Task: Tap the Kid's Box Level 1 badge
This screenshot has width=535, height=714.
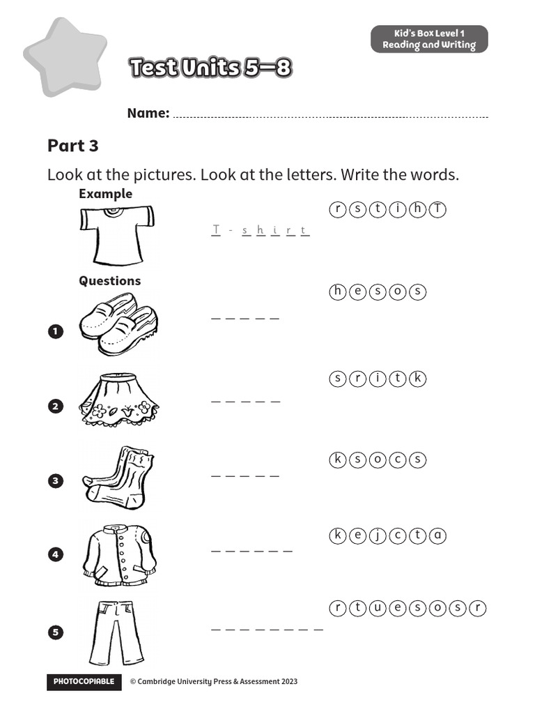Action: [x=429, y=39]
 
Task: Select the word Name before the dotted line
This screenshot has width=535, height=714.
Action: [x=148, y=113]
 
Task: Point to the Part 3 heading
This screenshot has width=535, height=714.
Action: [x=73, y=146]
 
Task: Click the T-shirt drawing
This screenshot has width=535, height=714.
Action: [x=116, y=235]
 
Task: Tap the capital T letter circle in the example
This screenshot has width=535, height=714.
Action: [x=437, y=210]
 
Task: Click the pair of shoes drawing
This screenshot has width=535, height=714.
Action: [x=118, y=324]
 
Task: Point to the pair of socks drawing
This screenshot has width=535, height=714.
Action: [x=118, y=476]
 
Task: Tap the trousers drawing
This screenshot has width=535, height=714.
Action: [x=116, y=632]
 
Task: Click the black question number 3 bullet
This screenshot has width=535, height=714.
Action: [x=56, y=480]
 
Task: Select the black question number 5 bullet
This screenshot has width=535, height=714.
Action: [x=56, y=632]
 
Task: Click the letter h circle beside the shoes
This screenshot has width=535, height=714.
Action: [x=337, y=291]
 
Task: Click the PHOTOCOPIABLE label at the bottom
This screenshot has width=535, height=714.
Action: [x=84, y=682]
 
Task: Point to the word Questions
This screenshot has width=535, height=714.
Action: [x=109, y=280]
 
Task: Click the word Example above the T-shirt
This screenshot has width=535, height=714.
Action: [x=105, y=194]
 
